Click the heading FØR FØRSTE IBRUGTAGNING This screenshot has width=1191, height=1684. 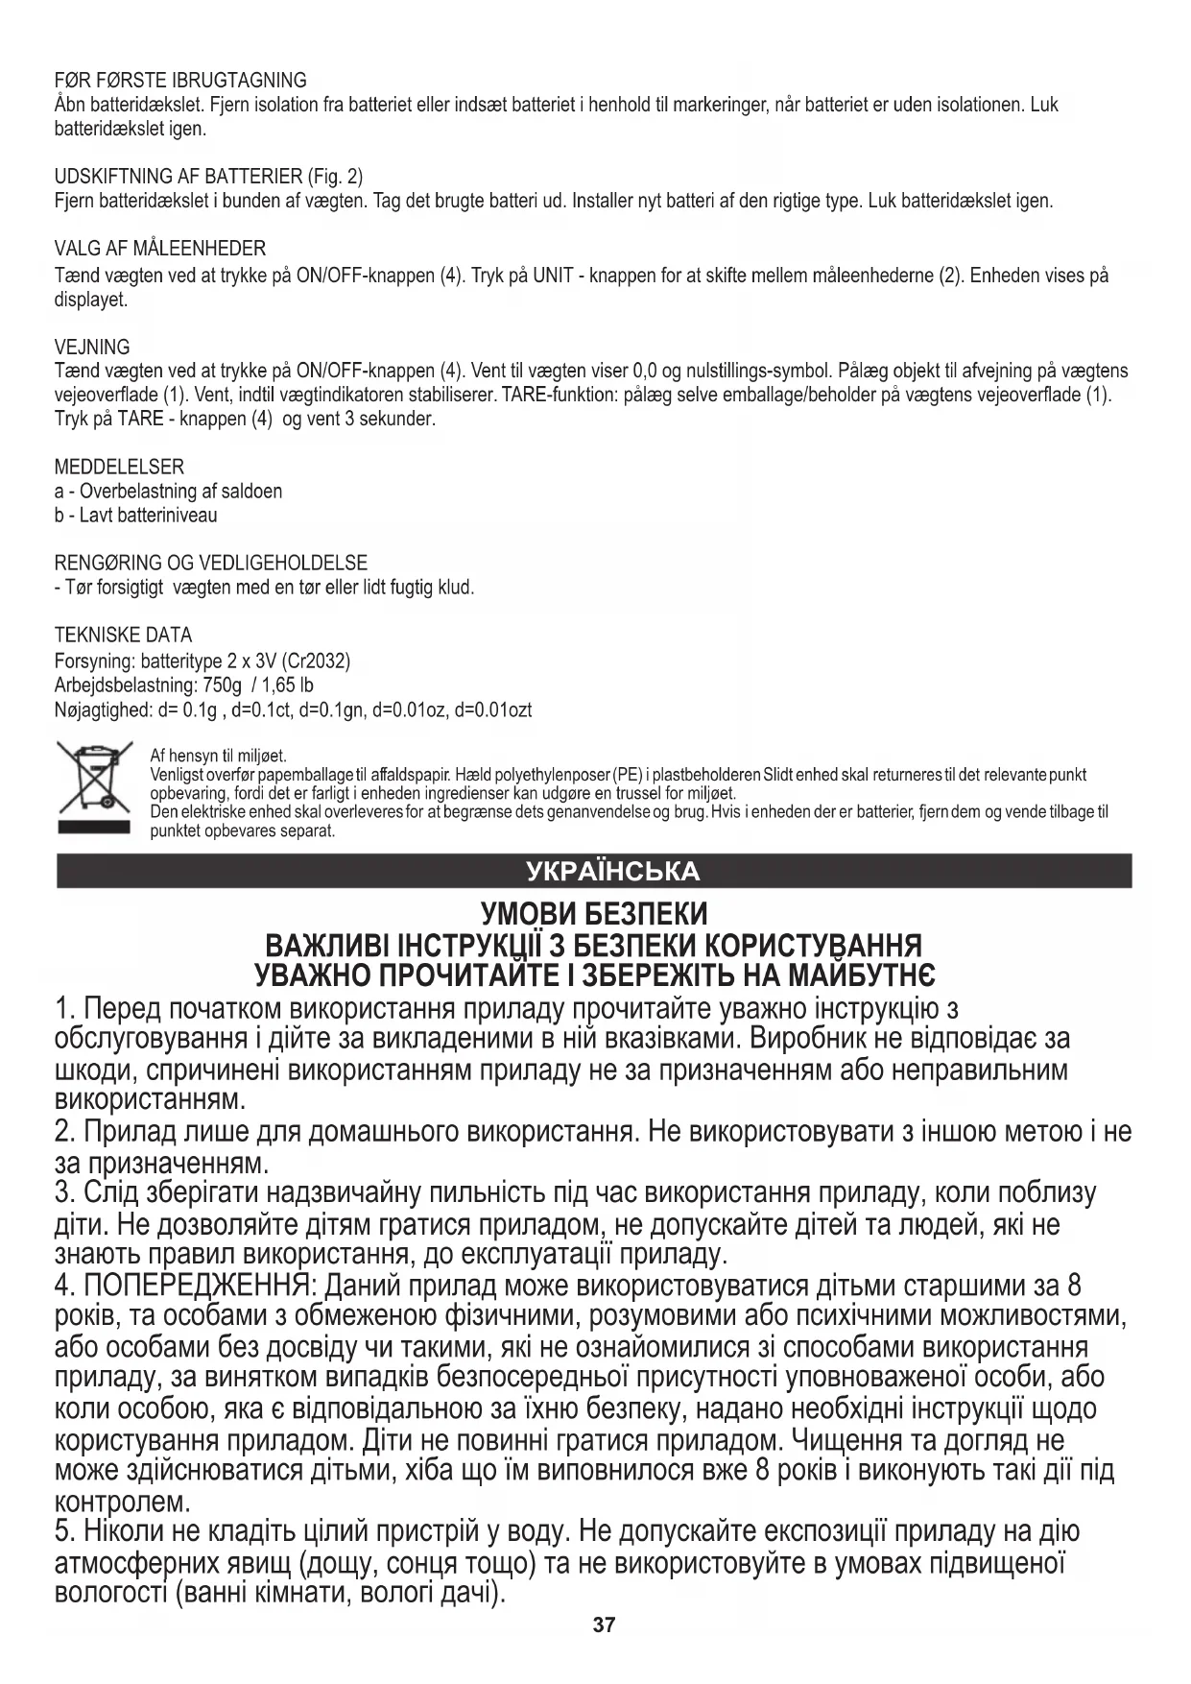[180, 80]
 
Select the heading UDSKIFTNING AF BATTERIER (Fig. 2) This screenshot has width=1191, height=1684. [208, 177]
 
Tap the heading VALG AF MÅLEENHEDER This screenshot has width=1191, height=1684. [160, 249]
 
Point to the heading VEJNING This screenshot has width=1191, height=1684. [92, 347]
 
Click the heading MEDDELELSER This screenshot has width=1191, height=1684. [119, 467]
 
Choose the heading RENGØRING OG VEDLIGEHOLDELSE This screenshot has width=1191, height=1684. [211, 563]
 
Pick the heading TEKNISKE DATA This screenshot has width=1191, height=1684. [123, 635]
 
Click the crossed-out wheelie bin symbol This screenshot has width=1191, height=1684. [94, 787]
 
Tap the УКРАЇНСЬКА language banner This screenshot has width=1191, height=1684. [613, 871]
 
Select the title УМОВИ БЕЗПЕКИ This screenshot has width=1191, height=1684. [594, 913]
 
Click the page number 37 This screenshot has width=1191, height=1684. [604, 1625]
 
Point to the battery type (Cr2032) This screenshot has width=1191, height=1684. [318, 661]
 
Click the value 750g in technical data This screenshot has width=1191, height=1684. [223, 686]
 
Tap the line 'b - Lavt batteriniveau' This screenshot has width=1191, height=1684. [136, 516]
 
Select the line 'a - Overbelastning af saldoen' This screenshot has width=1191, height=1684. [169, 492]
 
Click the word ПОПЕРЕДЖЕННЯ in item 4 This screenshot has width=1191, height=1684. [196, 1286]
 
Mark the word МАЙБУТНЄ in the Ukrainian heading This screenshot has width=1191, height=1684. [861, 976]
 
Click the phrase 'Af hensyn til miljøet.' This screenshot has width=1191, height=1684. [218, 757]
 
